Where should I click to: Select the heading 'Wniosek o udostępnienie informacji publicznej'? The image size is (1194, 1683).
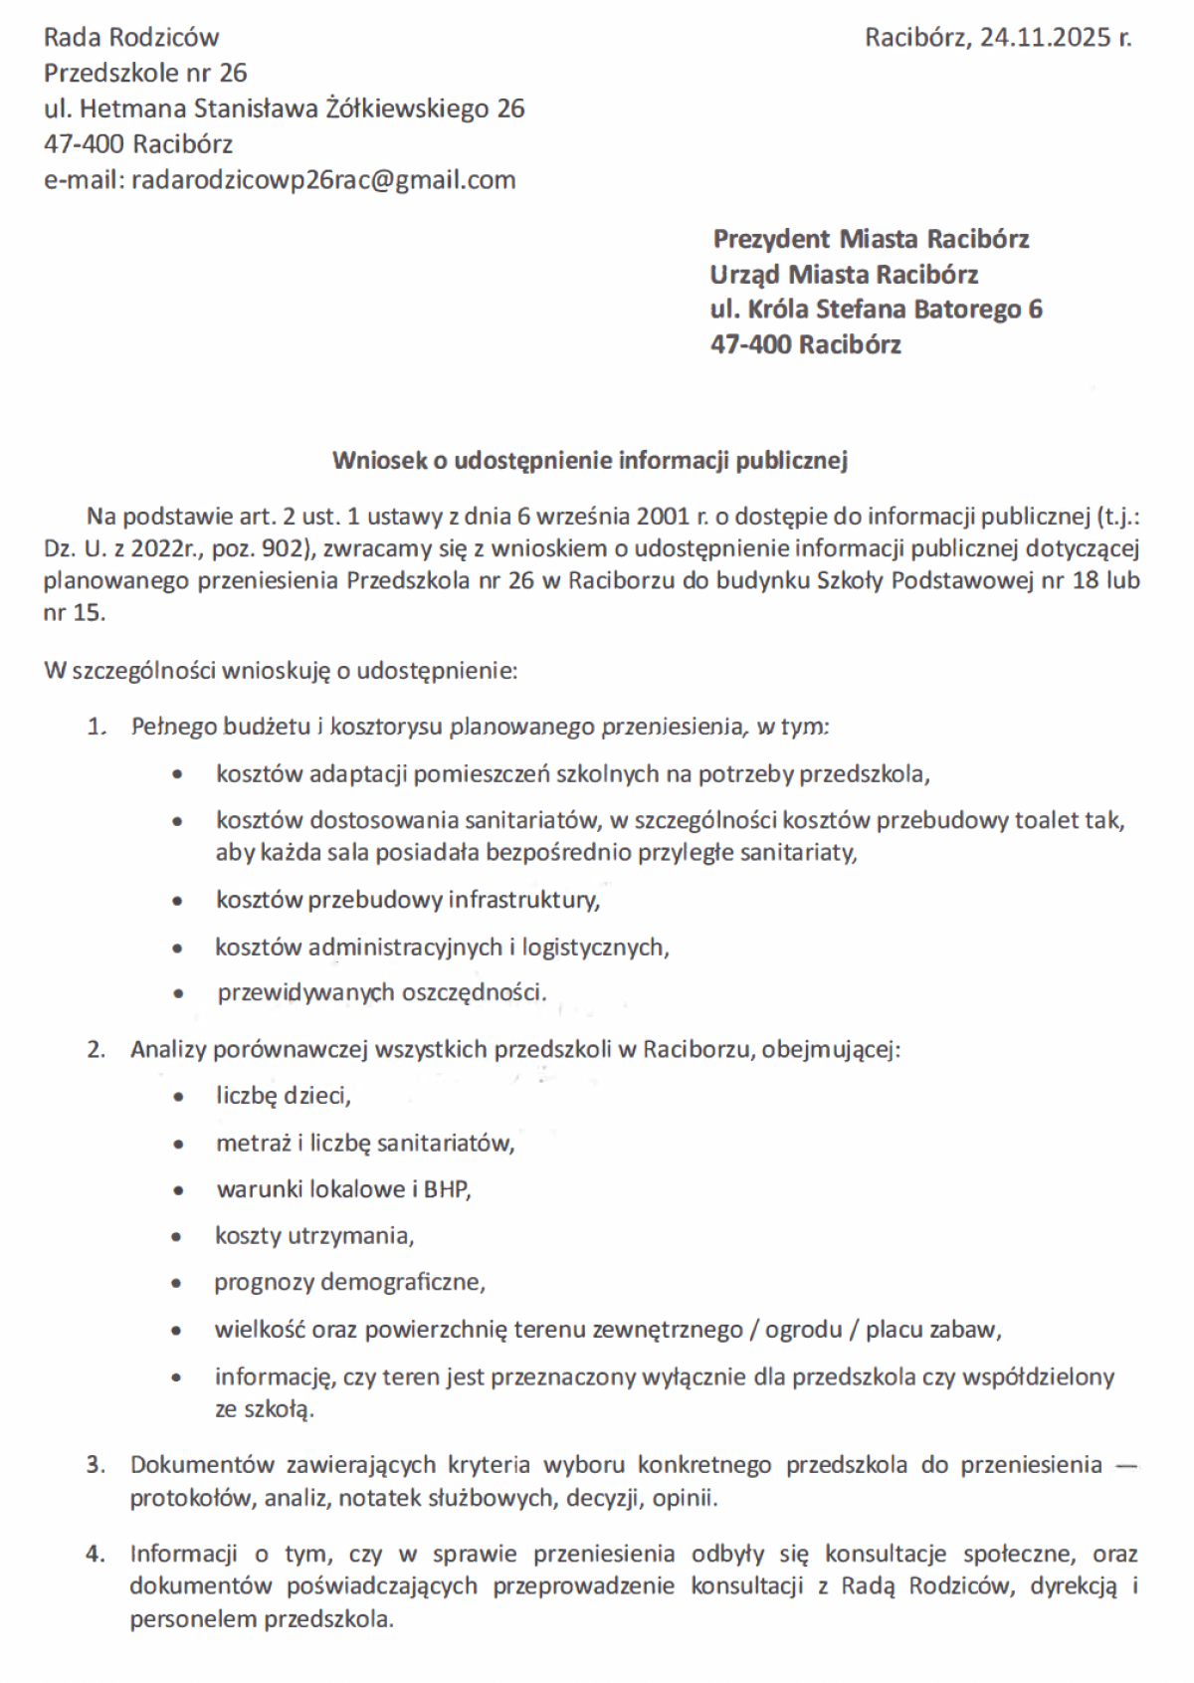point(589,460)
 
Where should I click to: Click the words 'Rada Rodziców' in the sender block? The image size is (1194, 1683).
point(130,38)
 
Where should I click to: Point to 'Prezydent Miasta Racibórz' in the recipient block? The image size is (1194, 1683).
point(871,239)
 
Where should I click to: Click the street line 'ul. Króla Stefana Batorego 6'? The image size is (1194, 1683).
point(876,310)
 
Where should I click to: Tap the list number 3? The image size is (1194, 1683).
point(96,1465)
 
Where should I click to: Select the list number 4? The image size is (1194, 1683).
point(96,1554)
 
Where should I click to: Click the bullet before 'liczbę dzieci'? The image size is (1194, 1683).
point(178,1097)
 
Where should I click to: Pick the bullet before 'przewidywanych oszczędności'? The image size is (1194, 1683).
point(178,993)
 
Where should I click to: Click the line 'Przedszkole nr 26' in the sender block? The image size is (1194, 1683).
point(145,73)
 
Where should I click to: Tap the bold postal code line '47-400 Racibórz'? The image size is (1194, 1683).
point(805,345)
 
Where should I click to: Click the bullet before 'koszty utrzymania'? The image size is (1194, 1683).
point(178,1237)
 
